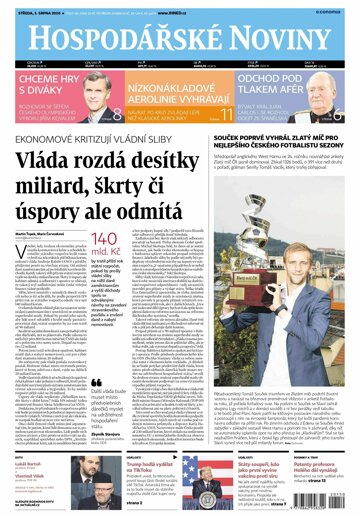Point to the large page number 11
(x=226, y=126)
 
